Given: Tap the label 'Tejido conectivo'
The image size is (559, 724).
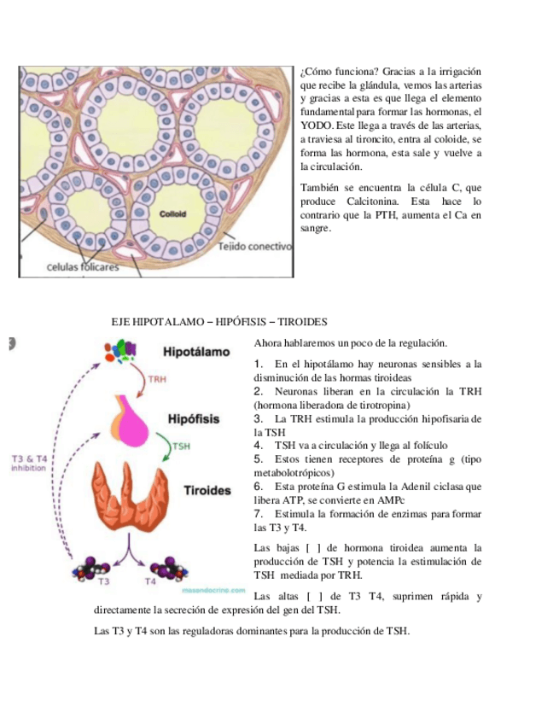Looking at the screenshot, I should coord(254,246).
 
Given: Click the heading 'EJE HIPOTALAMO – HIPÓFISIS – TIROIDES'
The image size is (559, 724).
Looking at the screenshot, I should coord(220,322).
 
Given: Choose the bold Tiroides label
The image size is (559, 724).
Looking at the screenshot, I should coord(207,491).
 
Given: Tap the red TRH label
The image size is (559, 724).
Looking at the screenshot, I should coord(157,381).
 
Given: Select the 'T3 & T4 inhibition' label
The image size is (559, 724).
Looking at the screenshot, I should coord(29,464).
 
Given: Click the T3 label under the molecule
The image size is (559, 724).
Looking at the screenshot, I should coord(102,581).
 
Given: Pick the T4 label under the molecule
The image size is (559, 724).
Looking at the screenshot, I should coord(150,581).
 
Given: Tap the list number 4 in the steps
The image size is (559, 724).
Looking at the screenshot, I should coord(258,446).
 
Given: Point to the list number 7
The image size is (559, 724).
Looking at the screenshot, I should coord(258,514).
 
